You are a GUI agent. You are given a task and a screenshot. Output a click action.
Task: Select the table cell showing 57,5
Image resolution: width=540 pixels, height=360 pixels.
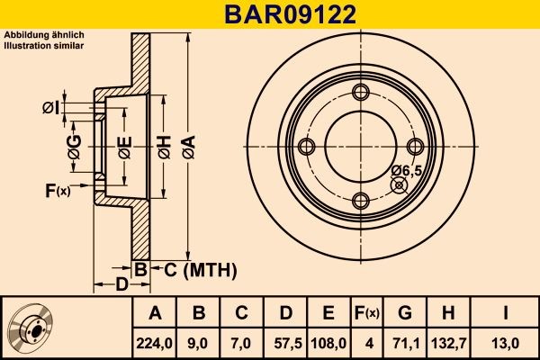[286, 343]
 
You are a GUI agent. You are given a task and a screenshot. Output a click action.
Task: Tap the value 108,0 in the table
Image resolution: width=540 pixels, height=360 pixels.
[328, 343]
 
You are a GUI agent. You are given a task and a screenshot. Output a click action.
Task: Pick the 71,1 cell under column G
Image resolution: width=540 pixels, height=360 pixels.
[405, 343]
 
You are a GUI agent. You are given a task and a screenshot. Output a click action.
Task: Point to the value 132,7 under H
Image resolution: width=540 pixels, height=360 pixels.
[449, 343]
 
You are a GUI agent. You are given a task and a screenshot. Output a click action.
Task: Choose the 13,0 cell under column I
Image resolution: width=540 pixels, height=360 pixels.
[508, 343]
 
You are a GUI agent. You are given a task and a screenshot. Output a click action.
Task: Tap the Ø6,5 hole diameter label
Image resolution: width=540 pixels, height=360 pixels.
[407, 170]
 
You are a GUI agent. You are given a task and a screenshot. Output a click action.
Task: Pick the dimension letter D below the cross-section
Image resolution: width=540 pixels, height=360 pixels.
[121, 286]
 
